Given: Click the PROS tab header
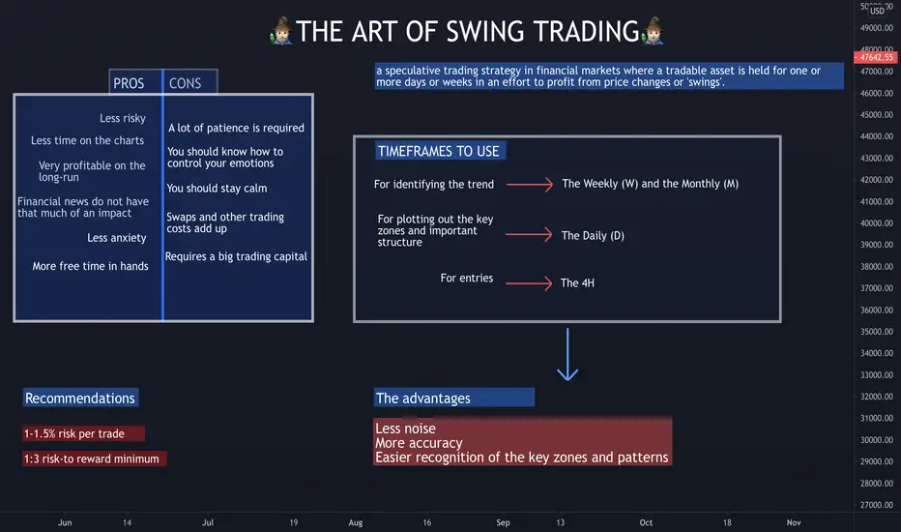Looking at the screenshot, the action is click(x=135, y=82).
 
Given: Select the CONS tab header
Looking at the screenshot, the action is click(x=190, y=82).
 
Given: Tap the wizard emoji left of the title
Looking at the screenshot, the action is click(x=281, y=31).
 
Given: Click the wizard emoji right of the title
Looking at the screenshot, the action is click(x=653, y=31).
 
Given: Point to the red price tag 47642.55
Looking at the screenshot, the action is click(x=876, y=57).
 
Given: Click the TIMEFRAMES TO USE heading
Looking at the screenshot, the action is click(x=439, y=151).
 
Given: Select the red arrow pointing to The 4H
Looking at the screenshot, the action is click(x=529, y=283).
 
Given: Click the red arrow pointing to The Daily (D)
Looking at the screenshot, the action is click(x=529, y=235).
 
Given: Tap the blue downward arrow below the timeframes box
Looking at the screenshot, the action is click(x=567, y=354).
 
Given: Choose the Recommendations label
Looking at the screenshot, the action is click(x=80, y=398).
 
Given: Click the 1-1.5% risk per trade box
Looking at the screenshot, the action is click(x=84, y=433).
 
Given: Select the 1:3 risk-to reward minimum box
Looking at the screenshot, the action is click(x=94, y=458).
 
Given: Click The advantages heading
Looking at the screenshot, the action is click(x=454, y=398).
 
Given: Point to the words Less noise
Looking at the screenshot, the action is click(x=405, y=429).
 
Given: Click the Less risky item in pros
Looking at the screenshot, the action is click(x=123, y=118).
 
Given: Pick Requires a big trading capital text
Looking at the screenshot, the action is click(x=236, y=256).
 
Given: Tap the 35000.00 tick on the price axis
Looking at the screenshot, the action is click(x=876, y=331).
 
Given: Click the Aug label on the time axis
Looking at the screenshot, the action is click(x=356, y=522).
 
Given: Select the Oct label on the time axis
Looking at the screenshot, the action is click(x=646, y=522).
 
